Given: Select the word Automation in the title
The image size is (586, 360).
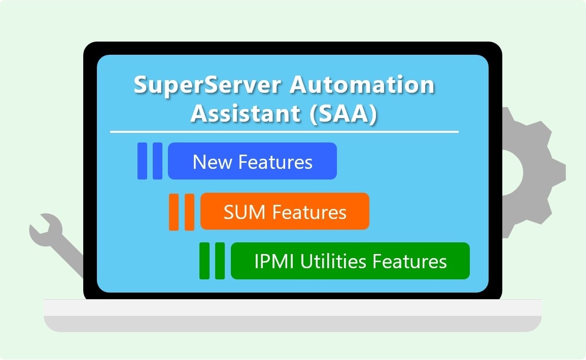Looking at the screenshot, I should tap(362, 85).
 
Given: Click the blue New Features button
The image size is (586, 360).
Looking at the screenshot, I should tap(252, 161).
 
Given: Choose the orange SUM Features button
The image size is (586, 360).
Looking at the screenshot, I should tap(285, 211).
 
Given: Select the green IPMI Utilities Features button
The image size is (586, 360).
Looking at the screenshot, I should tap(350, 261).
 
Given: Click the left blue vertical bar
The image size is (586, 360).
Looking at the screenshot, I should tap(142, 161).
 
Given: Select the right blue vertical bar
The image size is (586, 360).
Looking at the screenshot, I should tap(157, 161).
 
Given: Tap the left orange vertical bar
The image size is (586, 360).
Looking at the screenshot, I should tap(174, 212).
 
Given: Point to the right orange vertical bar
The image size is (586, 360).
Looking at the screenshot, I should tap(189, 212).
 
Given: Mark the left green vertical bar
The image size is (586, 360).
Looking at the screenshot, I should tap(204, 261).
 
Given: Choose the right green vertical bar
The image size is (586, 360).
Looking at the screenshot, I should tap(220, 261).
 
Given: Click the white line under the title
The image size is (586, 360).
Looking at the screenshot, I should tap(284, 132).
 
